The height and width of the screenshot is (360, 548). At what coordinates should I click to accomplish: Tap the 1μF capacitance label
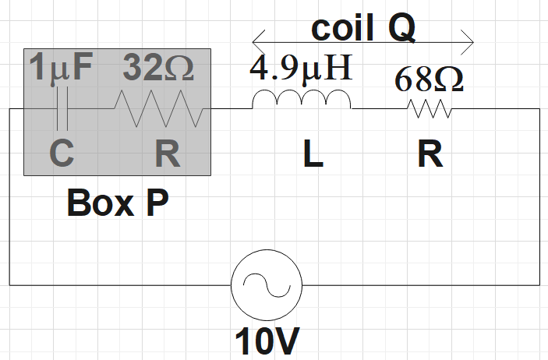coord(61,69)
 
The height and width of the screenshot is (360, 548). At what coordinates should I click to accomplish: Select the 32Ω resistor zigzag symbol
coord(159,109)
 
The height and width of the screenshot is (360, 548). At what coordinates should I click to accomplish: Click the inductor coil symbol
coord(301,101)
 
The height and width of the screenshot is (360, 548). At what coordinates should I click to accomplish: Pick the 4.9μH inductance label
coord(302,69)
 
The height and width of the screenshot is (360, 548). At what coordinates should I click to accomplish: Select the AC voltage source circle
coord(266,286)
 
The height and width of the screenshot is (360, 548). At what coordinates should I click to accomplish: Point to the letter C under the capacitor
coord(62,154)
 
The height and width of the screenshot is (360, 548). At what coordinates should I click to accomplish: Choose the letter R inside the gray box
coord(167,154)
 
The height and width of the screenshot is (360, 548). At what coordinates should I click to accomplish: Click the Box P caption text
coord(118,203)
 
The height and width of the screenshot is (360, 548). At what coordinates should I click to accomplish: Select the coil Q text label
coord(363,28)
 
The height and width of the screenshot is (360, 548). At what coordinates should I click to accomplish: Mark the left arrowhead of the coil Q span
coord(256,39)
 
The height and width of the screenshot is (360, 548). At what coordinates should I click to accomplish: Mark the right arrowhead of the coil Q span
coord(469,39)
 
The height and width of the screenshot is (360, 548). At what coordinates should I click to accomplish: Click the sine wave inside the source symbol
coord(266,286)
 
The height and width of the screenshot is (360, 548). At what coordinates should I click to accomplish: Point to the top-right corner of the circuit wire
coord(539,109)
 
